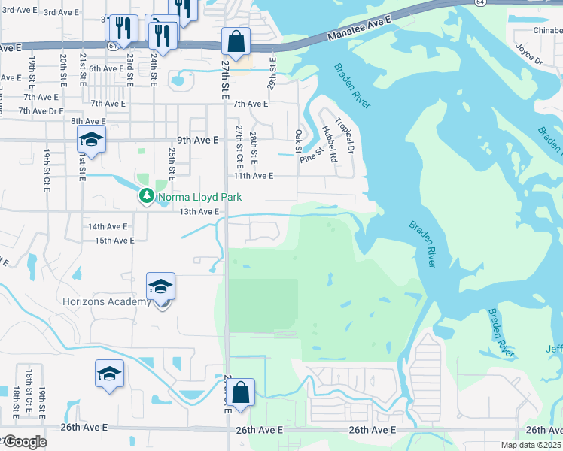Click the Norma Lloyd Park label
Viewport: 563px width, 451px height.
pos(189,198)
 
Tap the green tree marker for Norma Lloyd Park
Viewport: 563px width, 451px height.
pos(146,197)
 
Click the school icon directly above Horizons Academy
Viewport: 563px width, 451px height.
pos(160,286)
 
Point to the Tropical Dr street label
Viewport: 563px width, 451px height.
pos(345,136)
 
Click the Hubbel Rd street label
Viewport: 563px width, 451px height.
pos(329,141)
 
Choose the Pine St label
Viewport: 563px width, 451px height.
pos(311,156)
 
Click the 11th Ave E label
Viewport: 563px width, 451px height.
pos(252,176)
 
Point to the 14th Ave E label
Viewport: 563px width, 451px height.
pos(108,226)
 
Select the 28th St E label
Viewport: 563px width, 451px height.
pos(254,148)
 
